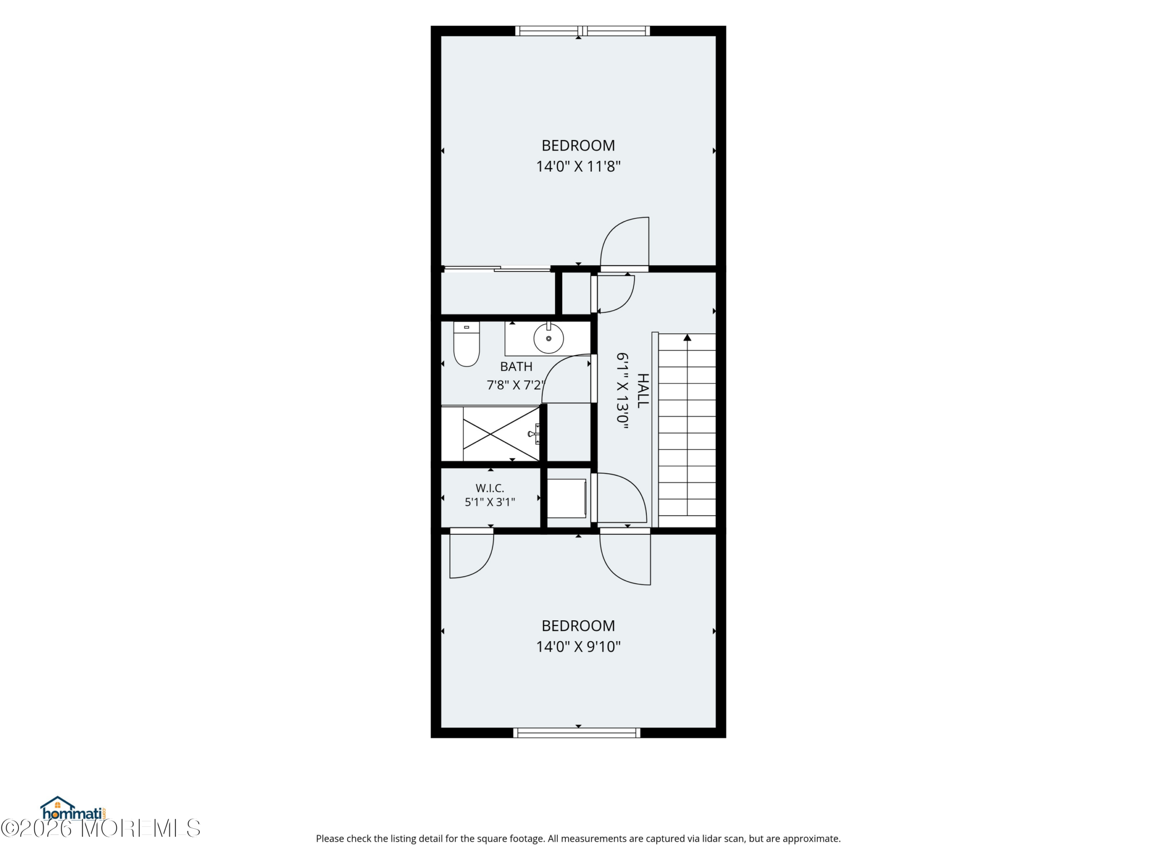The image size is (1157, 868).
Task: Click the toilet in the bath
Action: (x=466, y=344)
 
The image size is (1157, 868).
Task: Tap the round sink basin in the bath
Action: (x=548, y=338)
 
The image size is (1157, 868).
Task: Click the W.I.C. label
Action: (x=489, y=488)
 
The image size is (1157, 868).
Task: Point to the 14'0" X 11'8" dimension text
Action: (x=578, y=166)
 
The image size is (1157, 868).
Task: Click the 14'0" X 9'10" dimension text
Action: (x=578, y=646)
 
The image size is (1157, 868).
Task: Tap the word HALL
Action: (x=643, y=390)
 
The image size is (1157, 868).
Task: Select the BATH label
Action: (x=516, y=366)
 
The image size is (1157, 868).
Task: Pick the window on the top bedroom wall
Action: (x=583, y=31)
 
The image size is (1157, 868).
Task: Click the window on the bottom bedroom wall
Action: (x=576, y=732)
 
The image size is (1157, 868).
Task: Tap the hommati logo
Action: (x=74, y=809)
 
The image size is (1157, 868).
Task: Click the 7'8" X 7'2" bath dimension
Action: (x=516, y=385)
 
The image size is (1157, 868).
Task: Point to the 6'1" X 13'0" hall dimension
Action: (x=622, y=390)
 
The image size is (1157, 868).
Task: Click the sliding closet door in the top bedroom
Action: (x=497, y=269)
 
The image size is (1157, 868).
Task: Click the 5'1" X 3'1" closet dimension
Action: (x=489, y=502)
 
